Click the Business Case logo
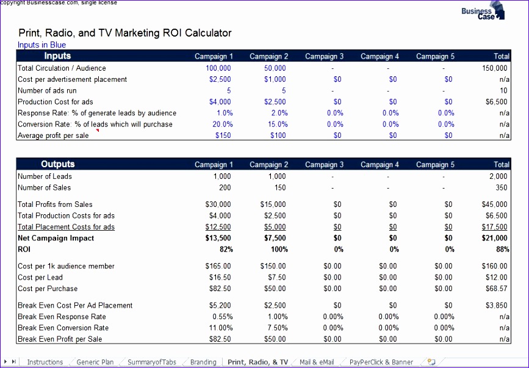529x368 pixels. pyautogui.click(x=483, y=12)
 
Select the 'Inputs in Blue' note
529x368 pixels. pyautogui.click(x=41, y=45)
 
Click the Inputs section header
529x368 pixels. pyautogui.click(x=57, y=56)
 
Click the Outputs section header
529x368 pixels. pyautogui.click(x=58, y=164)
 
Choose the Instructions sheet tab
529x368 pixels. pyautogui.click(x=45, y=362)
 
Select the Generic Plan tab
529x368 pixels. pyautogui.click(x=95, y=362)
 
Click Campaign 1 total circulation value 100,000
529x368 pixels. pyautogui.click(x=218, y=68)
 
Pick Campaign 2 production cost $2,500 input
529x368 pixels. pyautogui.click(x=275, y=102)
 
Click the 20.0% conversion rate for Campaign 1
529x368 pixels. pyautogui.click(x=222, y=124)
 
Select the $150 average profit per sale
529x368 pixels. pyautogui.click(x=223, y=135)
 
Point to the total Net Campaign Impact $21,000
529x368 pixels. pyautogui.click(x=494, y=238)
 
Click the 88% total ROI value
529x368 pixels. pyautogui.click(x=500, y=250)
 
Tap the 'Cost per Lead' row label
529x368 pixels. pyautogui.click(x=40, y=278)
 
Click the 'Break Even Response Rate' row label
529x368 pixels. pyautogui.click(x=62, y=317)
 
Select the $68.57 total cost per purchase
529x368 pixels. pyautogui.click(x=495, y=289)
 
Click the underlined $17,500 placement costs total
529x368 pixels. pyautogui.click(x=494, y=227)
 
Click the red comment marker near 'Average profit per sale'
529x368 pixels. pyautogui.click(x=96, y=131)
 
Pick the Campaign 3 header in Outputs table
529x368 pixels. pyautogui.click(x=324, y=165)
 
